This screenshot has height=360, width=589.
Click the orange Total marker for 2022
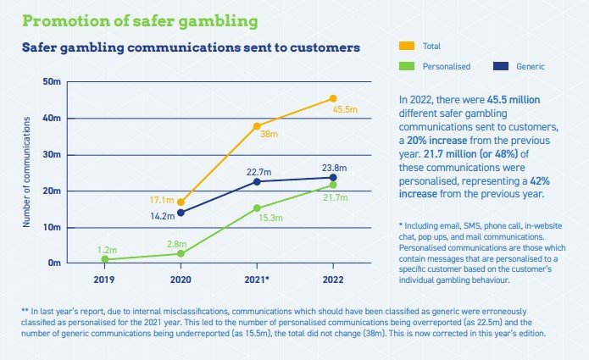tap(333, 99)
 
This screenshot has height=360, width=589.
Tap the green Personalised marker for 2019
tap(105, 259)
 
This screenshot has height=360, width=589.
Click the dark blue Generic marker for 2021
tap(257, 181)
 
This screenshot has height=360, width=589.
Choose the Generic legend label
tap(530, 65)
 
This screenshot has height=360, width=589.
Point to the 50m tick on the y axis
tap(53, 82)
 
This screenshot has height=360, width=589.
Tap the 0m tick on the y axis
tap(55, 263)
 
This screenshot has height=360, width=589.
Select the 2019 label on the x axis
tap(105, 278)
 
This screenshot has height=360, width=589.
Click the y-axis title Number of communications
tap(26, 173)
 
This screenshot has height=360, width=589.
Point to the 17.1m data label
tap(161, 201)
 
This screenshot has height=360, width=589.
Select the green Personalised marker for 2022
tap(333, 185)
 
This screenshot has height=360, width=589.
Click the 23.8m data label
tap(333, 168)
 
